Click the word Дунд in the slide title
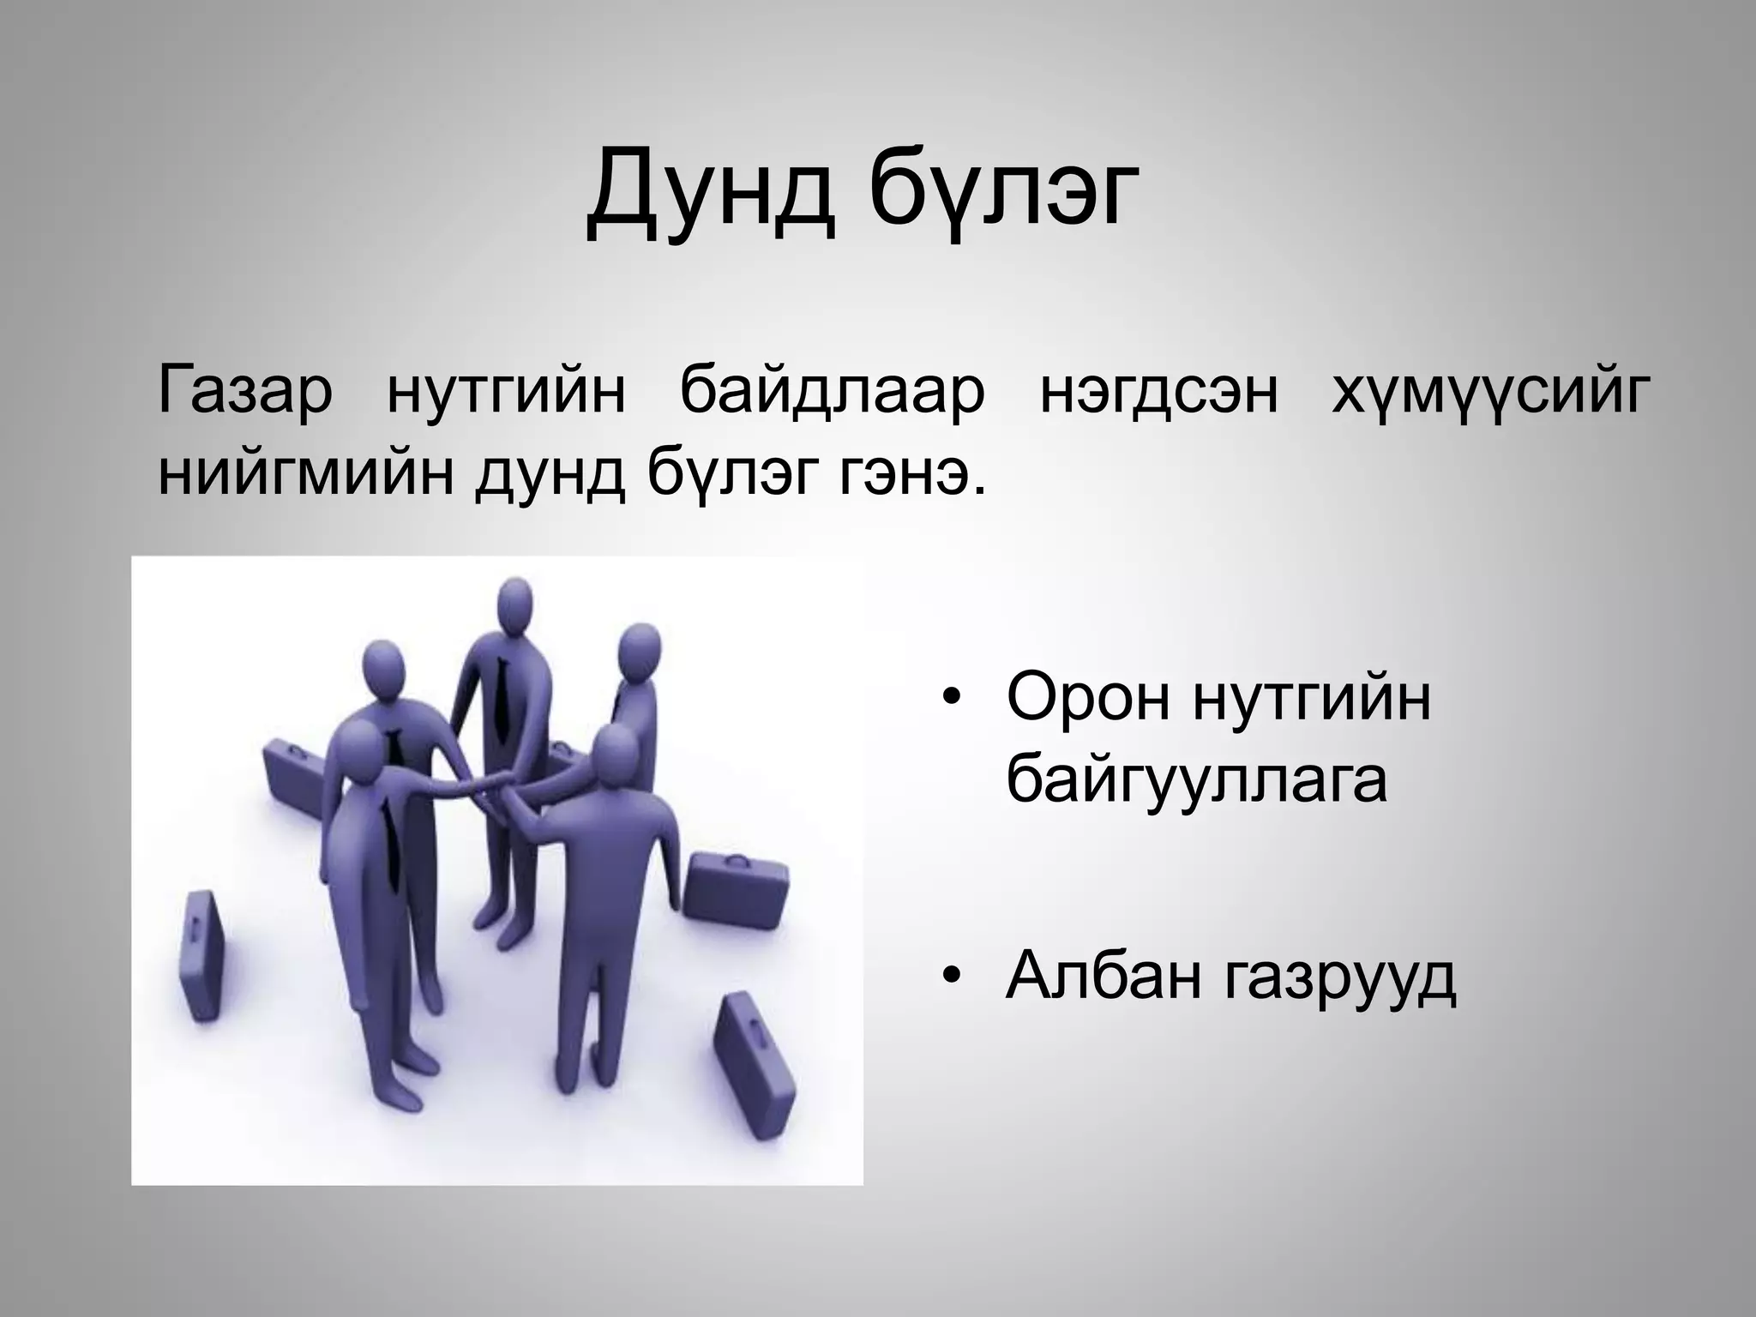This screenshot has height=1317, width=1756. (x=711, y=198)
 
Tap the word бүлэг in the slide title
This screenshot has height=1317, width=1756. (x=1004, y=198)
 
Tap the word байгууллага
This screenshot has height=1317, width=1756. (x=1196, y=780)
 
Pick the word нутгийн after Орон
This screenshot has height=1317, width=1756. (x=1312, y=698)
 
